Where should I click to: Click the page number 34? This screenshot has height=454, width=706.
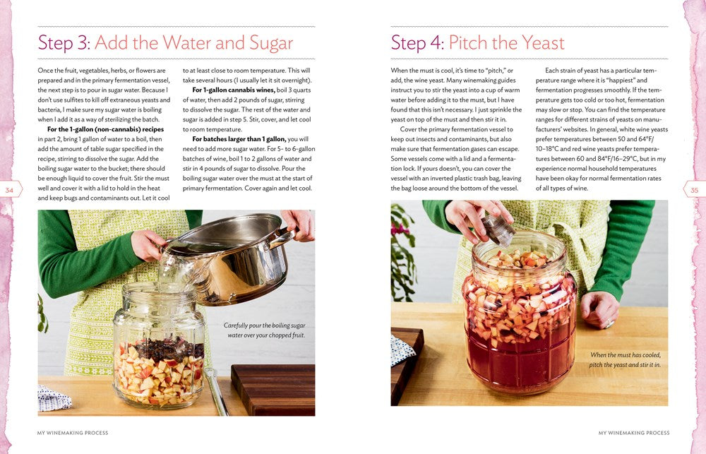pyautogui.click(x=9, y=190)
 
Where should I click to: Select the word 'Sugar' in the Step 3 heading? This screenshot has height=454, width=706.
pyautogui.click(x=268, y=43)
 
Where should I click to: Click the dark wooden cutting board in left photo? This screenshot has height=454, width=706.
pyautogui.click(x=273, y=389)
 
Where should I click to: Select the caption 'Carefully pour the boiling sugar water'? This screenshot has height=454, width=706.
pyautogui.click(x=264, y=330)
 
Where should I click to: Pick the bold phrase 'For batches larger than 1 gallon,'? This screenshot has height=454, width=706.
pyautogui.click(x=236, y=139)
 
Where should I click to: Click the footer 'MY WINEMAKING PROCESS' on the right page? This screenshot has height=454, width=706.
pyautogui.click(x=633, y=433)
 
